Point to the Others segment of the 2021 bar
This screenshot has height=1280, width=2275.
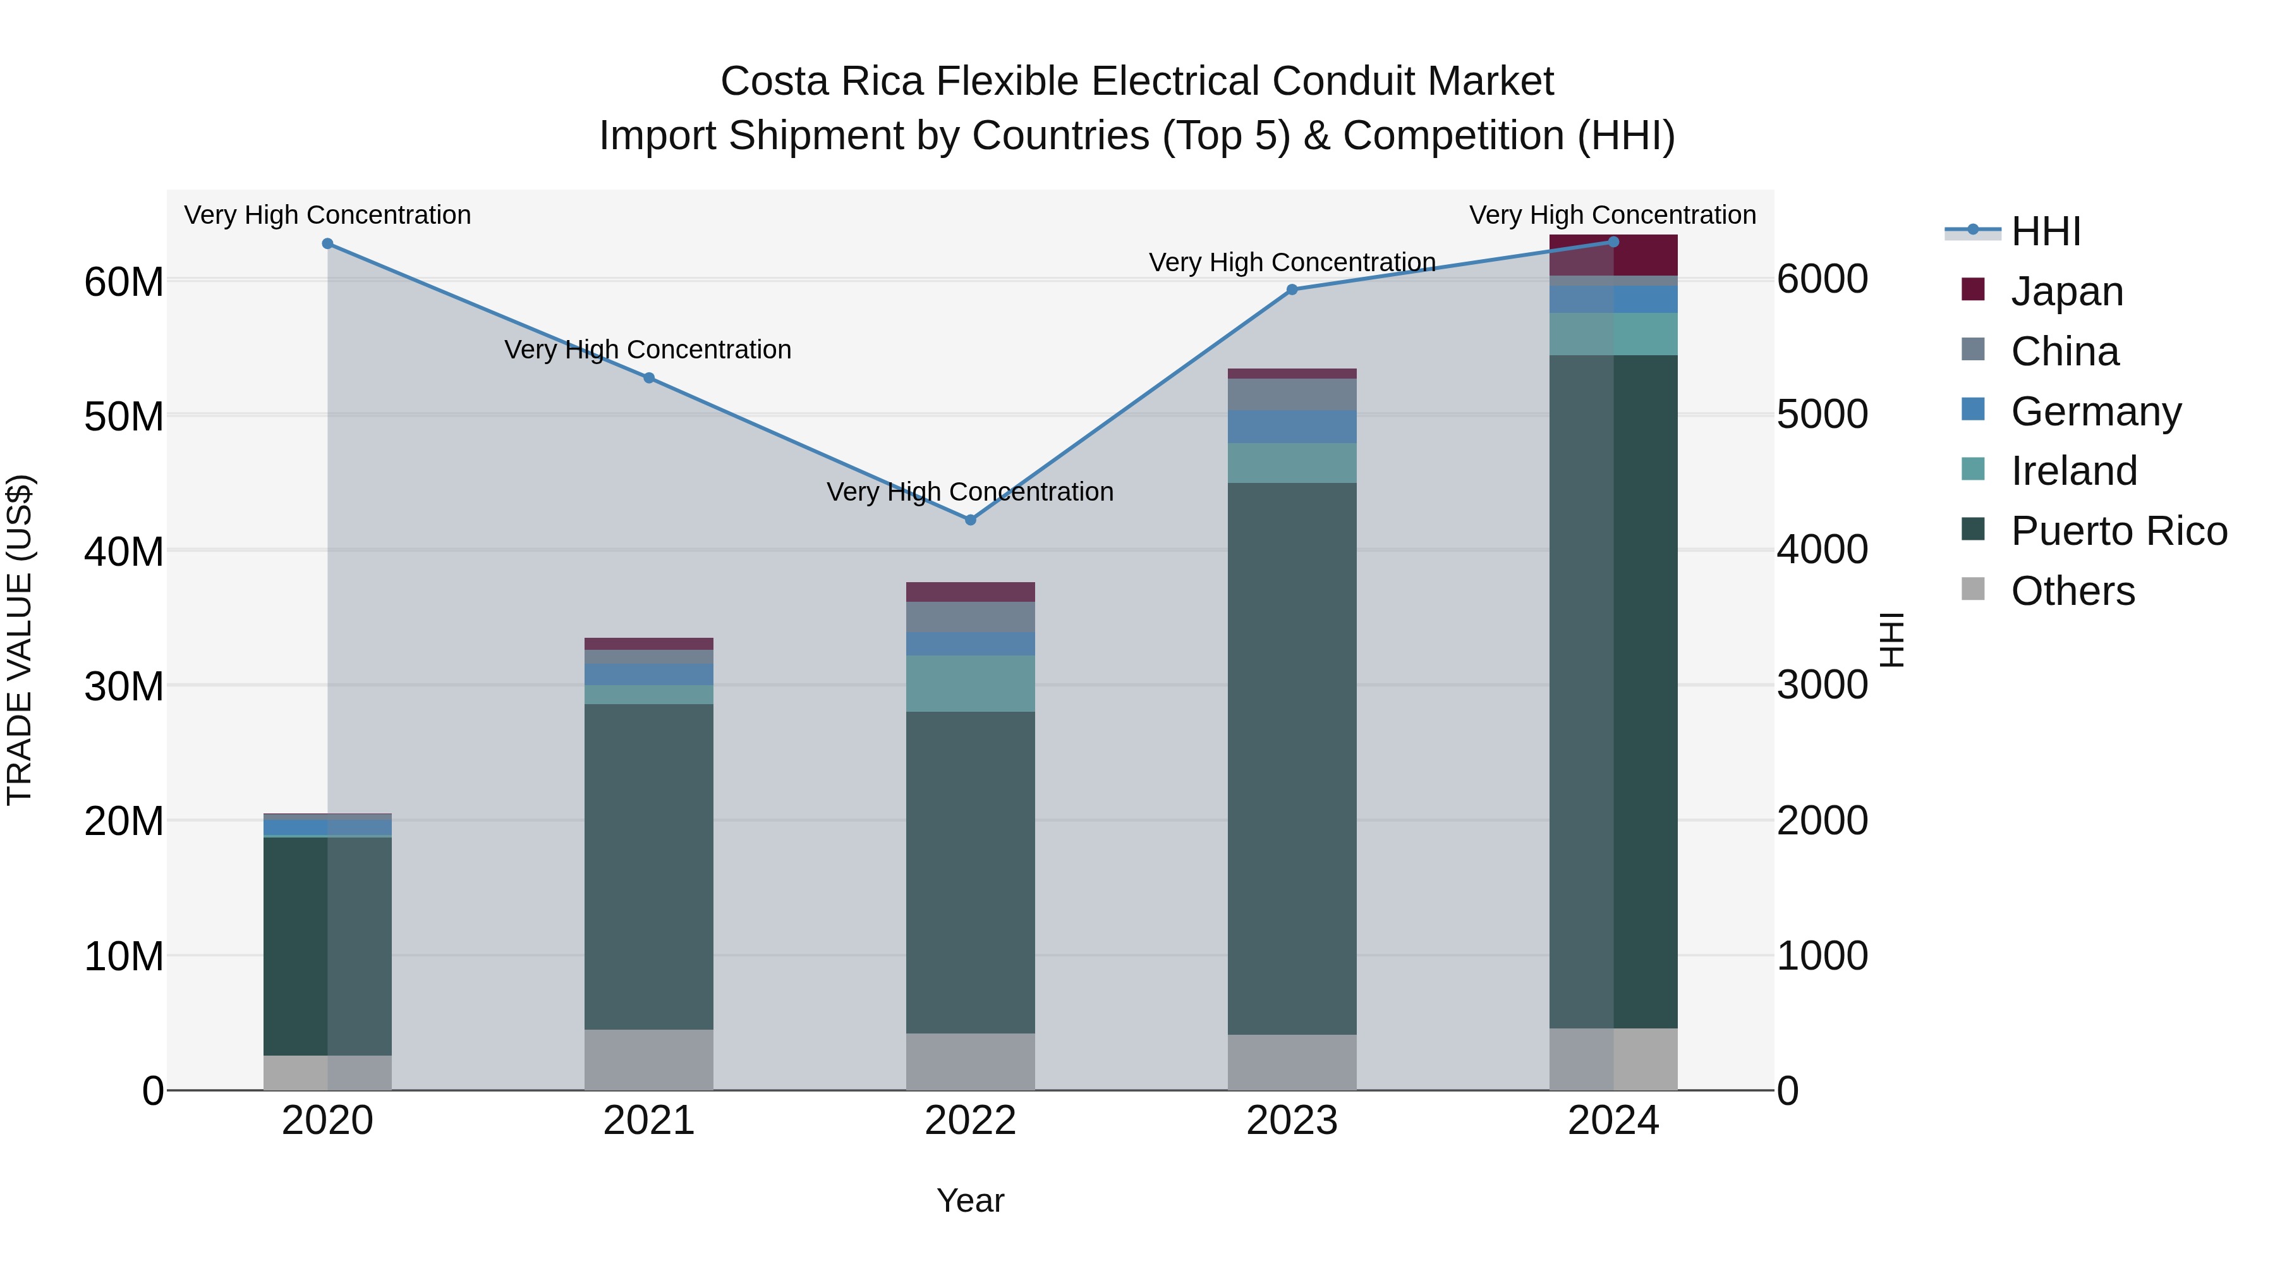tap(648, 1059)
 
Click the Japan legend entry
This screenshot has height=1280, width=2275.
tap(2066, 291)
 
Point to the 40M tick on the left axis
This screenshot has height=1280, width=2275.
tap(124, 551)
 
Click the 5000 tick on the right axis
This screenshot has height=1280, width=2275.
tap(1821, 414)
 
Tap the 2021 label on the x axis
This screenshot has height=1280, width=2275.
tap(648, 1121)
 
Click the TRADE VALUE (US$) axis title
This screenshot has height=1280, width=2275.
tap(20, 640)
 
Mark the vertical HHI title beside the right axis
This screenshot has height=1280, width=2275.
tap(1891, 640)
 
